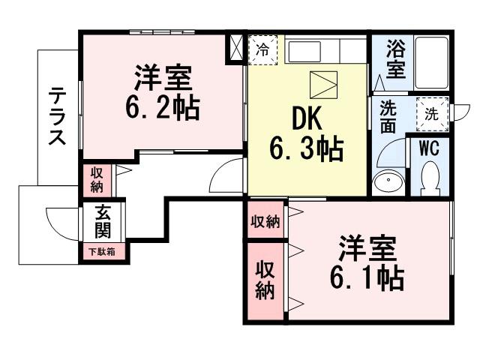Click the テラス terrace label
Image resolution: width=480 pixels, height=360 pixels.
coord(58,118)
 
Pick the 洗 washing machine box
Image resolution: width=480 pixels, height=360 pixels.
coord(433,114)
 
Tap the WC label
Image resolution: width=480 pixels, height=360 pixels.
coord(429,147)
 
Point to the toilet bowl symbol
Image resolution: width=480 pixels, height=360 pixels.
coord(430,179)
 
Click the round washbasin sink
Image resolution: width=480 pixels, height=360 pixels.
coord(388,181)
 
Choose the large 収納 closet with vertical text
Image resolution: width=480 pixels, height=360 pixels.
coord(265,280)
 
